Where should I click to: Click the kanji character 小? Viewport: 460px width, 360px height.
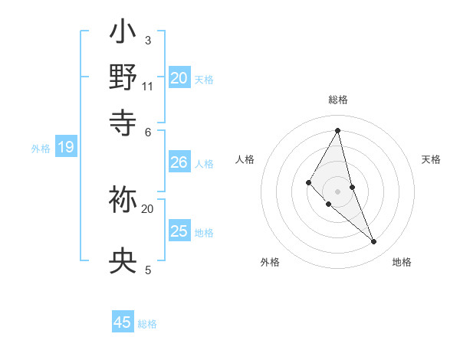pyautogui.click(x=123, y=34)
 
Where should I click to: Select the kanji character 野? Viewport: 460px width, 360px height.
pyautogui.click(x=123, y=77)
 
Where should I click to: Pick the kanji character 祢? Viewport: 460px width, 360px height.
pyautogui.click(x=123, y=201)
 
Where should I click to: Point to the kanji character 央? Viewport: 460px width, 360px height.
pyautogui.click(x=123, y=262)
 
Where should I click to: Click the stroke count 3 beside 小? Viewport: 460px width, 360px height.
pyautogui.click(x=148, y=41)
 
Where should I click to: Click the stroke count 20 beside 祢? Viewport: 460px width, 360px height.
pyautogui.click(x=148, y=208)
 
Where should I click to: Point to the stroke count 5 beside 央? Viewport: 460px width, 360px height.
pyautogui.click(x=148, y=270)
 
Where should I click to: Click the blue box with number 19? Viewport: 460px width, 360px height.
pyautogui.click(x=65, y=147)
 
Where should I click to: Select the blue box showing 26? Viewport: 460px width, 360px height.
pyautogui.click(x=179, y=162)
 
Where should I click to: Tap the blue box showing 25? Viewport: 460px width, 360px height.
pyautogui.click(x=179, y=231)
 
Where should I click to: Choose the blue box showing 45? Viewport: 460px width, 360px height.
pyautogui.click(x=123, y=322)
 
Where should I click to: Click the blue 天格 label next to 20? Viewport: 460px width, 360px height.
pyautogui.click(x=204, y=79)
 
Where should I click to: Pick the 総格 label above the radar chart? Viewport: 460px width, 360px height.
pyautogui.click(x=338, y=100)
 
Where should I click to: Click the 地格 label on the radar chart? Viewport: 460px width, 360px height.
pyautogui.click(x=402, y=262)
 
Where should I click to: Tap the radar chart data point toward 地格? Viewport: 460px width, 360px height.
pyautogui.click(x=374, y=241)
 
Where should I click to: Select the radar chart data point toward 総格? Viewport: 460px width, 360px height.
pyautogui.click(x=338, y=130)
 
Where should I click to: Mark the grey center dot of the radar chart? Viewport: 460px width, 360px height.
pyautogui.click(x=338, y=191)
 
